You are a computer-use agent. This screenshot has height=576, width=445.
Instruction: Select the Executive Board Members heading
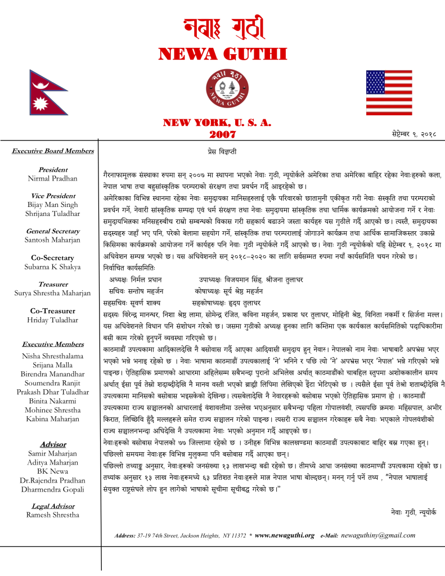pyautogui.click(x=52, y=151)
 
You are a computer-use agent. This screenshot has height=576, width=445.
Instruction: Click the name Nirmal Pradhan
pyautogui.click(x=53, y=178)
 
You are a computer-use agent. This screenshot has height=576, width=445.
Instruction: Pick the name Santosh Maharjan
pyautogui.click(x=53, y=240)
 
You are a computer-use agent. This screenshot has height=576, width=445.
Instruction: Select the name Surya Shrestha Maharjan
pyautogui.click(x=53, y=293)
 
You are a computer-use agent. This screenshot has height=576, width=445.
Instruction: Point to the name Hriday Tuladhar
pyautogui.click(x=53, y=319)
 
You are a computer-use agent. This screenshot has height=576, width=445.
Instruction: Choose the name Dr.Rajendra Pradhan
pyautogui.click(x=53, y=480)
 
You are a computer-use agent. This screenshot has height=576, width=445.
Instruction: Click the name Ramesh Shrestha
pyautogui.click(x=53, y=515)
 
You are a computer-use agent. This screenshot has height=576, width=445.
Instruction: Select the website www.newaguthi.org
pyautogui.click(x=284, y=535)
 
